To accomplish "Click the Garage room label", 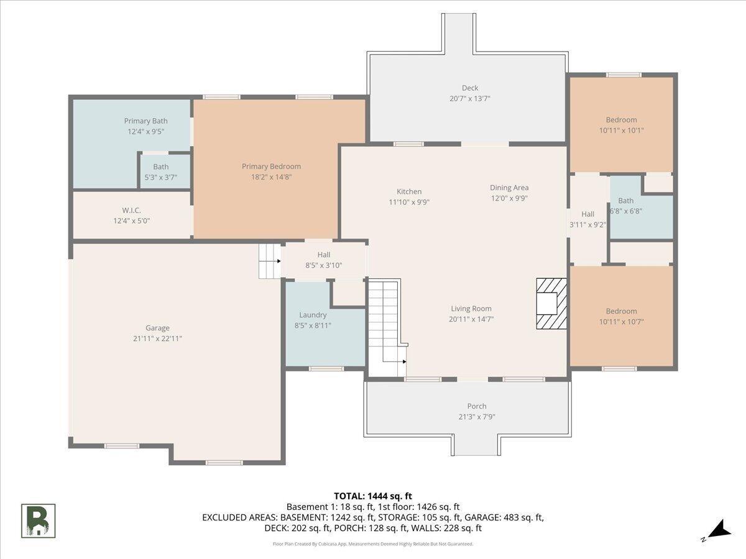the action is coord(157,328).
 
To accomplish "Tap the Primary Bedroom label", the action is coord(271,166).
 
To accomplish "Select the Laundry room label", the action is coord(313,315).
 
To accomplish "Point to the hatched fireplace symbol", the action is coord(551,304).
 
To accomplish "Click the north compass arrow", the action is coord(722,536).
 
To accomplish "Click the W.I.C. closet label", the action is coord(132,211).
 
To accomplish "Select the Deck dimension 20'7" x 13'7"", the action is coord(470,99).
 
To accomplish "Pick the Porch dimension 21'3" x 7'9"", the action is coord(476,417).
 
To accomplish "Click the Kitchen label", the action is coord(409,191).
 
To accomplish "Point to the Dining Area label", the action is coord(509,188).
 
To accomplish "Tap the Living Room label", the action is coord(471,309).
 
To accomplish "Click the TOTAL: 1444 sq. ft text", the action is coord(373,496).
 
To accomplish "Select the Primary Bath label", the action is coord(146,121).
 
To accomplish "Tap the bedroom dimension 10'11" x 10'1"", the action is coord(621,130).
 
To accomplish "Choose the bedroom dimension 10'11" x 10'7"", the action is coord(621,322).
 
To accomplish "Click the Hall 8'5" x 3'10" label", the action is coord(323,260).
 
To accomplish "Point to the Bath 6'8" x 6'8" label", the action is coord(625,206).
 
